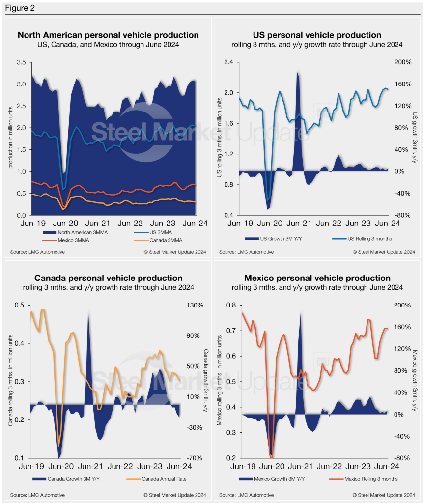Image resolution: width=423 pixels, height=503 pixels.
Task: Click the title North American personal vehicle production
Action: tap(108, 35)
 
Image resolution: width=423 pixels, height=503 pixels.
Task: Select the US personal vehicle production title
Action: tap(317, 35)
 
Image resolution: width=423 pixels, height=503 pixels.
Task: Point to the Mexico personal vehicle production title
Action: tap(317, 279)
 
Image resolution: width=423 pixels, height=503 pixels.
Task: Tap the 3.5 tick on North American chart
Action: tap(22, 62)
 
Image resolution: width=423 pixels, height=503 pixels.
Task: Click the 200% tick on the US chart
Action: tap(402, 62)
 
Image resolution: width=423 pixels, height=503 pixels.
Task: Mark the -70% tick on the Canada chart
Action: tap(194, 458)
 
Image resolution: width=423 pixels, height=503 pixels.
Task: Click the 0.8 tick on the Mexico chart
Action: tap(229, 305)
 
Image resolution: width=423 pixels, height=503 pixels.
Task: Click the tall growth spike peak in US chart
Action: tap(297, 73)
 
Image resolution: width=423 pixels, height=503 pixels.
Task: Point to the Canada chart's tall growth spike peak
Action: tap(88, 311)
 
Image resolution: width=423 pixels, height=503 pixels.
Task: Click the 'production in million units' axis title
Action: tap(10, 139)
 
